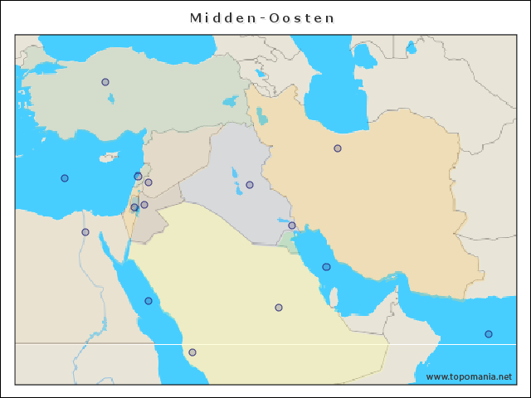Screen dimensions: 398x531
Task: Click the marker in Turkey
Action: click(105, 82)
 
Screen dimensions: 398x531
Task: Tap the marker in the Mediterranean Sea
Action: click(65, 178)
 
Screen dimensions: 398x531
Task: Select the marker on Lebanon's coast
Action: click(138, 176)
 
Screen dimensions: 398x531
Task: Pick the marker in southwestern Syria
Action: click(149, 182)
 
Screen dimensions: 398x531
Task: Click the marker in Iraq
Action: click(250, 185)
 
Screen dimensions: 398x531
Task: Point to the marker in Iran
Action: click(338, 148)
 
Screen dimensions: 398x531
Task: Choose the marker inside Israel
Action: click(134, 207)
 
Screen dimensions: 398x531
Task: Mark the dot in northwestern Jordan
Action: click(144, 205)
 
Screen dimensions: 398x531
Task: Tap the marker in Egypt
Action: click(85, 232)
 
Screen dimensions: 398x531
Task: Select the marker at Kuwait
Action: click(292, 226)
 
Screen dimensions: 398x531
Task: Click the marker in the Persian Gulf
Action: click(326, 267)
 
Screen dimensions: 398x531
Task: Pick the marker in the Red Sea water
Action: click(149, 301)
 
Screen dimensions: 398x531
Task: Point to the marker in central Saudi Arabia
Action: click(279, 308)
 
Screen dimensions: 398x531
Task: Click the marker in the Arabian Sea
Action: click(489, 334)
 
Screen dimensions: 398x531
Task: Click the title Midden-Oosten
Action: click(263, 17)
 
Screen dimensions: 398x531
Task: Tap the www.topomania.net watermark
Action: click(469, 376)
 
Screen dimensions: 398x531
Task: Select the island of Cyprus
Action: click(108, 158)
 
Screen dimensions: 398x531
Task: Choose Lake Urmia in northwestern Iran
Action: click(262, 115)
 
